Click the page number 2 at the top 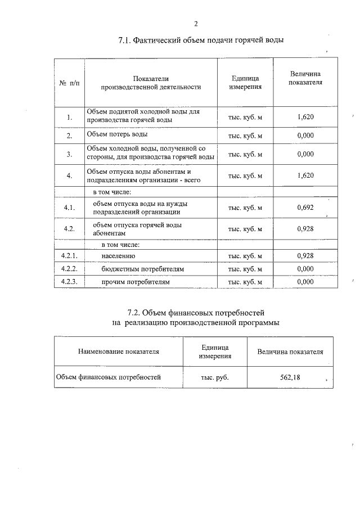point(196,24)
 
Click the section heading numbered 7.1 point(201,41)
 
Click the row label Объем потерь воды point(119,135)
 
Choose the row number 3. point(69,154)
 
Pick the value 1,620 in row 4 point(305,175)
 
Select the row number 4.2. point(70,229)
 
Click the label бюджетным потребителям point(143,269)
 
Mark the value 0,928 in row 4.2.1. point(305,256)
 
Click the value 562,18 point(290,377)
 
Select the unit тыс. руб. point(215,377)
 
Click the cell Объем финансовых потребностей point(108,377)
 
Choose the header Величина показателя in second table point(290,352)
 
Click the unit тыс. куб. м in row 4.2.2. point(245,269)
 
